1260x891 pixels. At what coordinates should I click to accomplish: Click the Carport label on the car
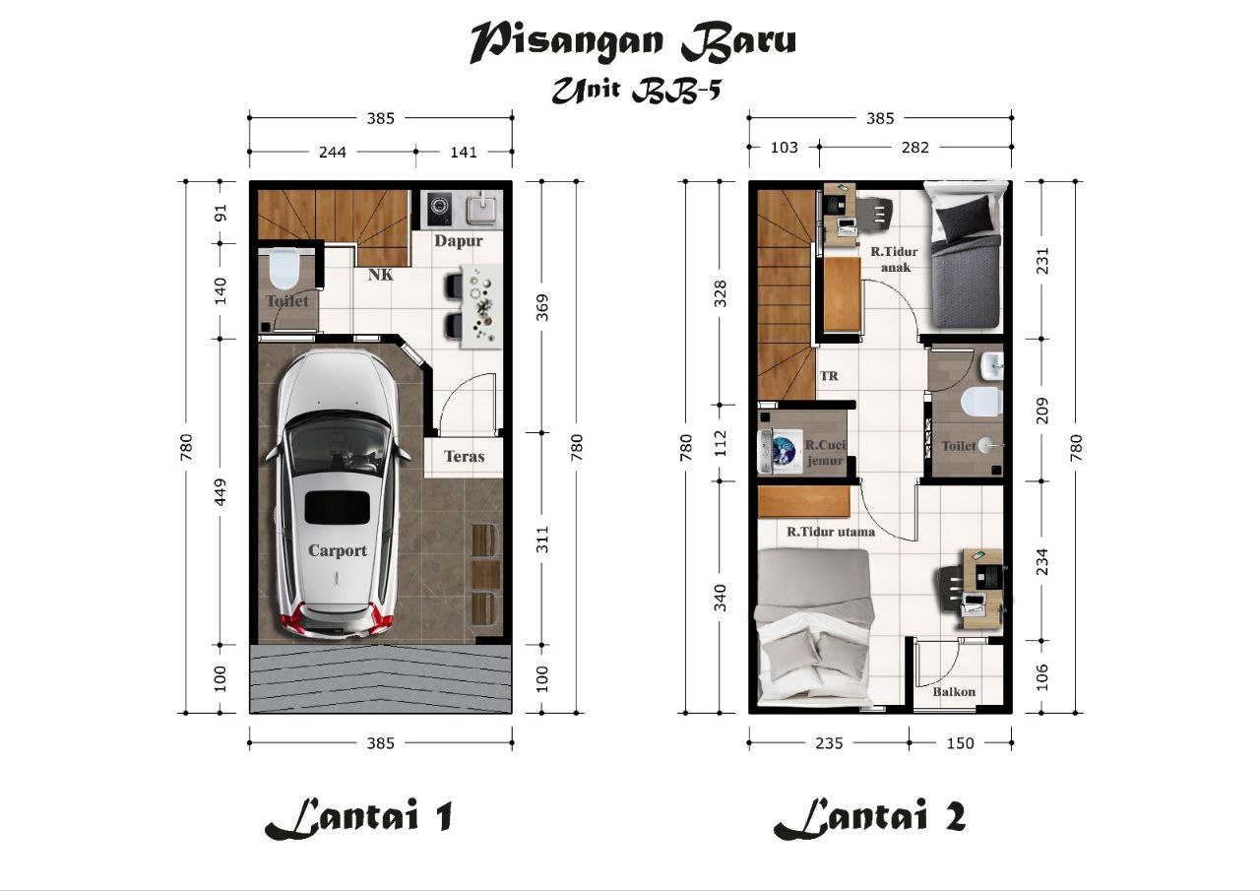[x=338, y=550]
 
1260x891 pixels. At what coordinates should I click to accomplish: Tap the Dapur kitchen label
[x=459, y=241]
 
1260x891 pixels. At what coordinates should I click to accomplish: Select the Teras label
[x=464, y=456]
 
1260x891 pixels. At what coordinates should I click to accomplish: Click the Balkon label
[x=954, y=691]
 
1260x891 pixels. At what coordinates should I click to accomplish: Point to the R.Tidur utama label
[x=831, y=532]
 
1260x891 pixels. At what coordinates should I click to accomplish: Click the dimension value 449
[x=220, y=492]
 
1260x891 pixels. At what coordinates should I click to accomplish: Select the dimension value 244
[x=333, y=153]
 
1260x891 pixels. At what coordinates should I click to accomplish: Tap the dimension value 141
[x=464, y=153]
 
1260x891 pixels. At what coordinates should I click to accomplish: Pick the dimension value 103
[x=784, y=148]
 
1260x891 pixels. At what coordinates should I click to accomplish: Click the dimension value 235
[x=829, y=743]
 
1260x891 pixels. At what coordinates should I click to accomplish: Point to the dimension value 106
[x=1041, y=676]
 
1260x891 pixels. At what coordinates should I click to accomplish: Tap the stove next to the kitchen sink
[x=439, y=210]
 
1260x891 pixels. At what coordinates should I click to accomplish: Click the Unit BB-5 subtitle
[x=636, y=91]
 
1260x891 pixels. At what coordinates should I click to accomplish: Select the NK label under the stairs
[x=381, y=275]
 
